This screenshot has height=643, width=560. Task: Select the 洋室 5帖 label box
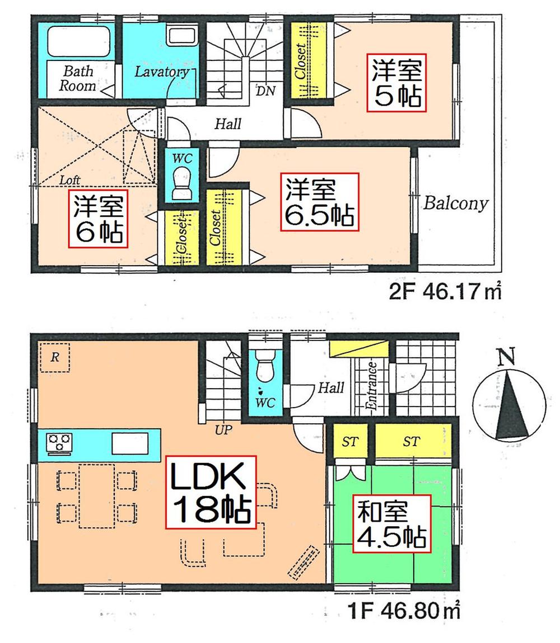(x=396, y=83)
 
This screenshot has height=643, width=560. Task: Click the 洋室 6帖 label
(x=98, y=218)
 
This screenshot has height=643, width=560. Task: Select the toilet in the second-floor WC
(x=182, y=185)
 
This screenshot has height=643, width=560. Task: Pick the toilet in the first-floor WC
(x=262, y=369)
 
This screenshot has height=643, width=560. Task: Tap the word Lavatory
(x=160, y=72)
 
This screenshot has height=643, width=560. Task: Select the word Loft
(x=70, y=180)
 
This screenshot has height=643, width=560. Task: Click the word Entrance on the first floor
(x=371, y=387)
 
